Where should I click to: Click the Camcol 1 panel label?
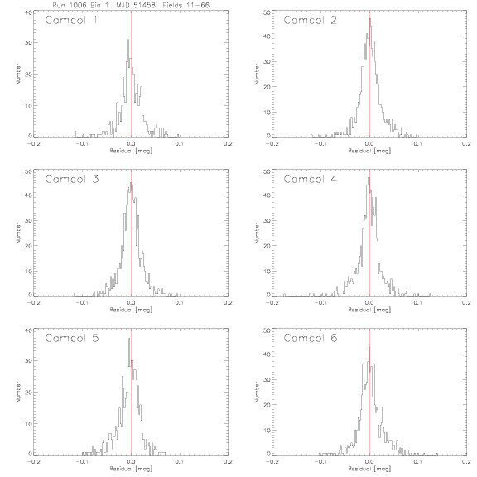pyautogui.click(x=71, y=21)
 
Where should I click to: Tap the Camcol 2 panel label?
pyautogui.click(x=311, y=21)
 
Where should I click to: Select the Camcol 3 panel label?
pyautogui.click(x=72, y=179)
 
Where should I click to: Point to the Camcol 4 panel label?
pyautogui.click(x=311, y=179)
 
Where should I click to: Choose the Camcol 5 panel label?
pyautogui.click(x=72, y=338)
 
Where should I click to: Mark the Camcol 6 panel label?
pyautogui.click(x=311, y=338)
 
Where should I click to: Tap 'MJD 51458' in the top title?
pyautogui.click(x=136, y=5)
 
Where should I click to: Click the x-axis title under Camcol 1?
pyautogui.click(x=131, y=151)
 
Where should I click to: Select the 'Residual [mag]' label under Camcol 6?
pyautogui.click(x=369, y=469)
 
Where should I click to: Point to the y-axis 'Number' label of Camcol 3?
pyautogui.click(x=18, y=233)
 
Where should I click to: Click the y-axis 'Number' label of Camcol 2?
pyautogui.click(x=257, y=74)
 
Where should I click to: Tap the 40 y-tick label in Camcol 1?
pyautogui.click(x=28, y=12)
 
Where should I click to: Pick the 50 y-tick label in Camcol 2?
pyautogui.click(x=267, y=12)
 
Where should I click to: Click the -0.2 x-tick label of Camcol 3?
pyautogui.click(x=34, y=303)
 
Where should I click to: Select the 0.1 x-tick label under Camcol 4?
pyautogui.click(x=418, y=303)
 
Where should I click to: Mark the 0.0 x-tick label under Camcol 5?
pyautogui.click(x=131, y=462)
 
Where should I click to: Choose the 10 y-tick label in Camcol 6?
pyautogui.click(x=267, y=430)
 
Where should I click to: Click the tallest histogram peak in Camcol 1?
pyautogui.click(x=128, y=39)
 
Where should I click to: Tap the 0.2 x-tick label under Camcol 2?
pyautogui.click(x=466, y=143)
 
